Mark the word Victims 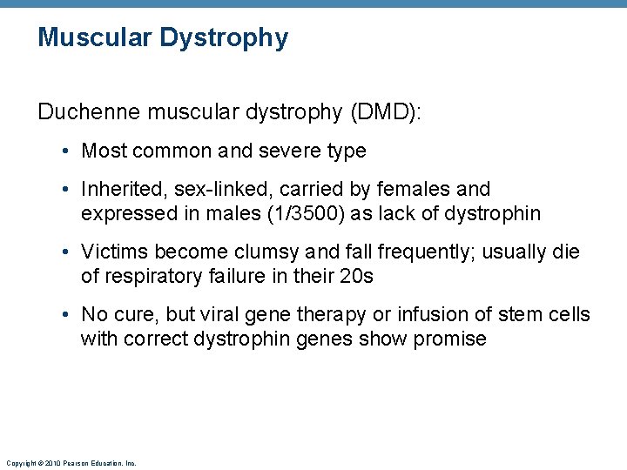(x=111, y=252)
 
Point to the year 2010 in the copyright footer (x=52, y=463)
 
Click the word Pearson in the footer (x=78, y=463)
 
